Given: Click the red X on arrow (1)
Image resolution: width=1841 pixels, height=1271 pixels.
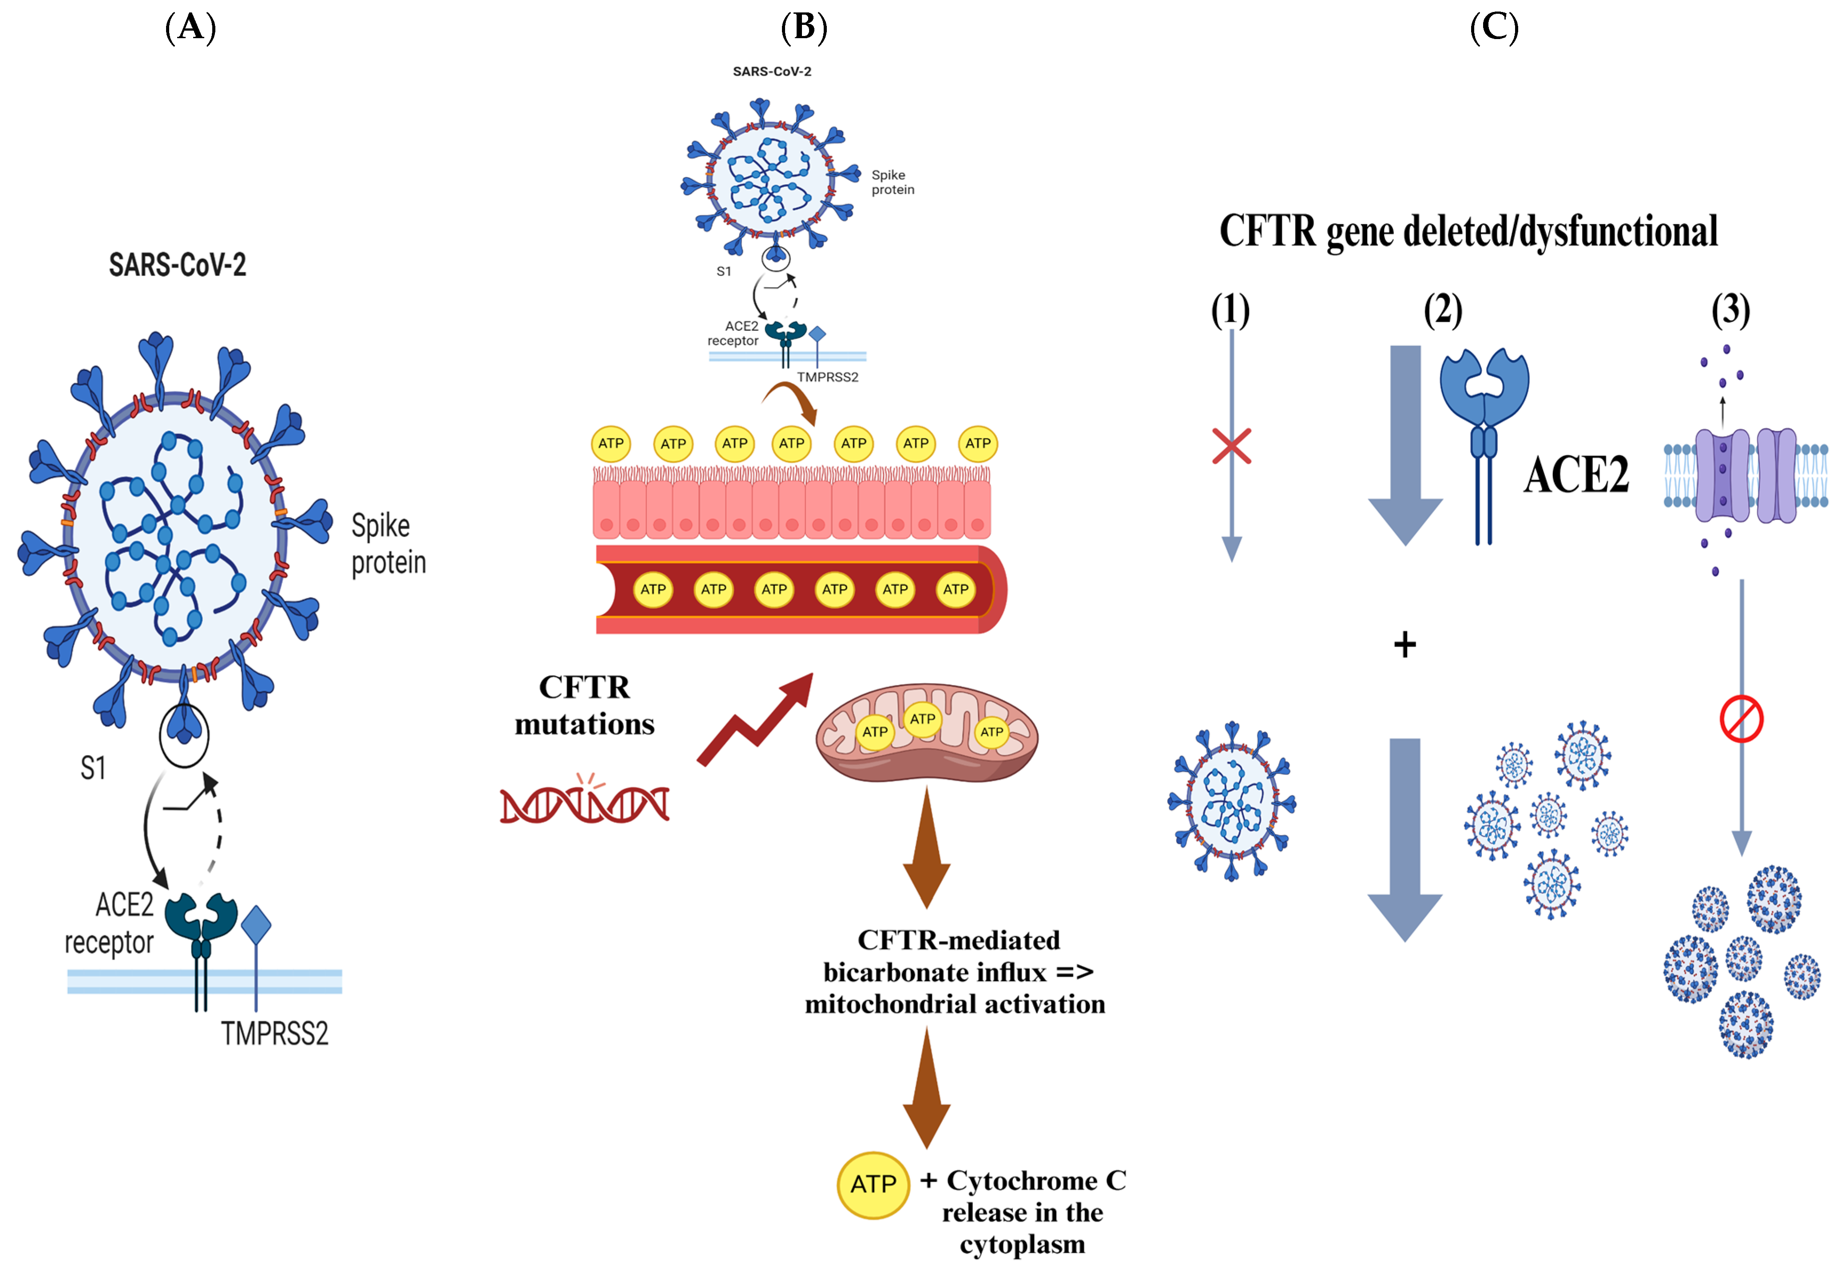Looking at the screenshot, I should click(x=1232, y=447).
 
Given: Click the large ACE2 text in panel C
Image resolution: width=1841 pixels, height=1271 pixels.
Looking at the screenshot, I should click(x=1576, y=475).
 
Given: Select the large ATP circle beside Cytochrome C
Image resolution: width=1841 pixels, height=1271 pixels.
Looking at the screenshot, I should click(x=873, y=1185).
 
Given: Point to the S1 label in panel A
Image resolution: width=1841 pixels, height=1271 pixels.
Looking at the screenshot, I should click(x=93, y=768).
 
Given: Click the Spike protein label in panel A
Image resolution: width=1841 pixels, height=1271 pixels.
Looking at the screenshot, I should click(x=388, y=544).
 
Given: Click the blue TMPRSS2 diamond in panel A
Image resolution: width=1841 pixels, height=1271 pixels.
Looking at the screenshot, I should click(x=256, y=925).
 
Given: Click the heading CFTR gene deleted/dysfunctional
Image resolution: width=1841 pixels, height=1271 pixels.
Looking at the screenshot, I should click(x=1468, y=232).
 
